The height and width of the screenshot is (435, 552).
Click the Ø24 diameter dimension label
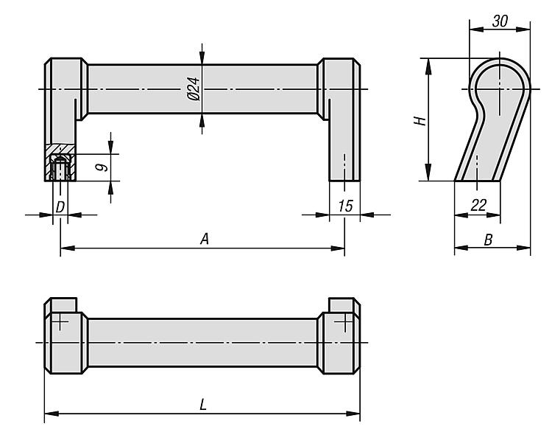click(x=194, y=89)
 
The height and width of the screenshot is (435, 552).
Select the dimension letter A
click(x=205, y=239)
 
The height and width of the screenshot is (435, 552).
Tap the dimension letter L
click(x=203, y=404)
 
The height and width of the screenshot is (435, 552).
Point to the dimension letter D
click(x=60, y=207)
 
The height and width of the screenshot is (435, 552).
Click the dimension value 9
click(x=102, y=167)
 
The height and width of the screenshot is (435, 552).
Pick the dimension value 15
click(x=345, y=206)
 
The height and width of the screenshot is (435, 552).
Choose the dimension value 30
click(x=500, y=21)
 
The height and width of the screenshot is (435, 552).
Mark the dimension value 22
click(x=479, y=205)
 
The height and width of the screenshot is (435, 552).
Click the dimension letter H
click(x=420, y=121)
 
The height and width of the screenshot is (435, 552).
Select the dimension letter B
click(x=488, y=240)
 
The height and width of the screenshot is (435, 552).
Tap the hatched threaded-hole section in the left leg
click(x=60, y=162)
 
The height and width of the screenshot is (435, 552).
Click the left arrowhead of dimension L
click(x=52, y=414)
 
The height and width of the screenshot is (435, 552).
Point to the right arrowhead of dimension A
click(x=338, y=248)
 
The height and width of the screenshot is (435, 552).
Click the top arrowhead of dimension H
click(x=428, y=66)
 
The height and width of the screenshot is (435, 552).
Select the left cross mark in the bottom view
click(x=60, y=321)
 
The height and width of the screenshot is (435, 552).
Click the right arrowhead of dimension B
click(x=524, y=248)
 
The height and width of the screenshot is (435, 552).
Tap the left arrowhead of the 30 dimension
click(x=476, y=29)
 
